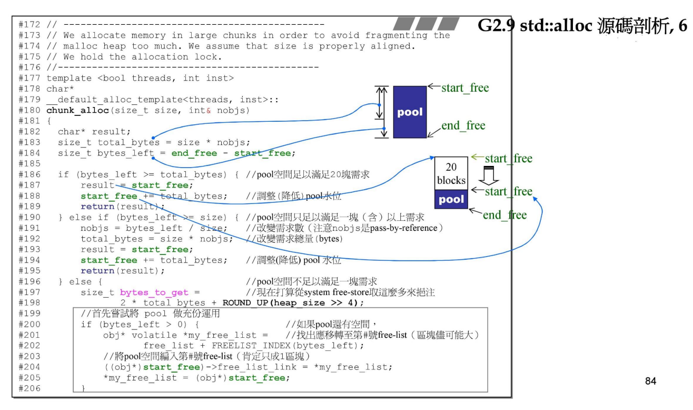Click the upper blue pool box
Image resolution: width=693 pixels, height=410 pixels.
(410, 112)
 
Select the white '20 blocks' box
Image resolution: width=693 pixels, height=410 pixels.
(451, 174)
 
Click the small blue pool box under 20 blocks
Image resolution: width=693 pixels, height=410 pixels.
(451, 200)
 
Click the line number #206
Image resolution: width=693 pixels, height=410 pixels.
(27, 389)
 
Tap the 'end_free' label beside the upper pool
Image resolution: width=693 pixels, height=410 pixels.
(463, 125)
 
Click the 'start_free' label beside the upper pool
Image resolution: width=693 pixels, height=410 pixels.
(465, 87)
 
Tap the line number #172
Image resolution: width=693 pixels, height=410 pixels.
(27, 25)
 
